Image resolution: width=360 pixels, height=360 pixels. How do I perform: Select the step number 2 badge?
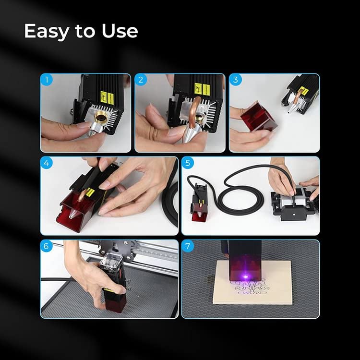[141, 80]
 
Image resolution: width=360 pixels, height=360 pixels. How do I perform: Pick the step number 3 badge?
[236, 80]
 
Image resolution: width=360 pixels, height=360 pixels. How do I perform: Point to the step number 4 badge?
[47, 163]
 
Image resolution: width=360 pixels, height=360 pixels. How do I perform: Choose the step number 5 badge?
[188, 163]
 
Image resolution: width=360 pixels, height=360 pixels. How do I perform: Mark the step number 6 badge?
[47, 246]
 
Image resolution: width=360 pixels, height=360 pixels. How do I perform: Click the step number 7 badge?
[188, 246]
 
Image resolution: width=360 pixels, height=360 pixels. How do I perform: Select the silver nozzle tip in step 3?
[292, 108]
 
